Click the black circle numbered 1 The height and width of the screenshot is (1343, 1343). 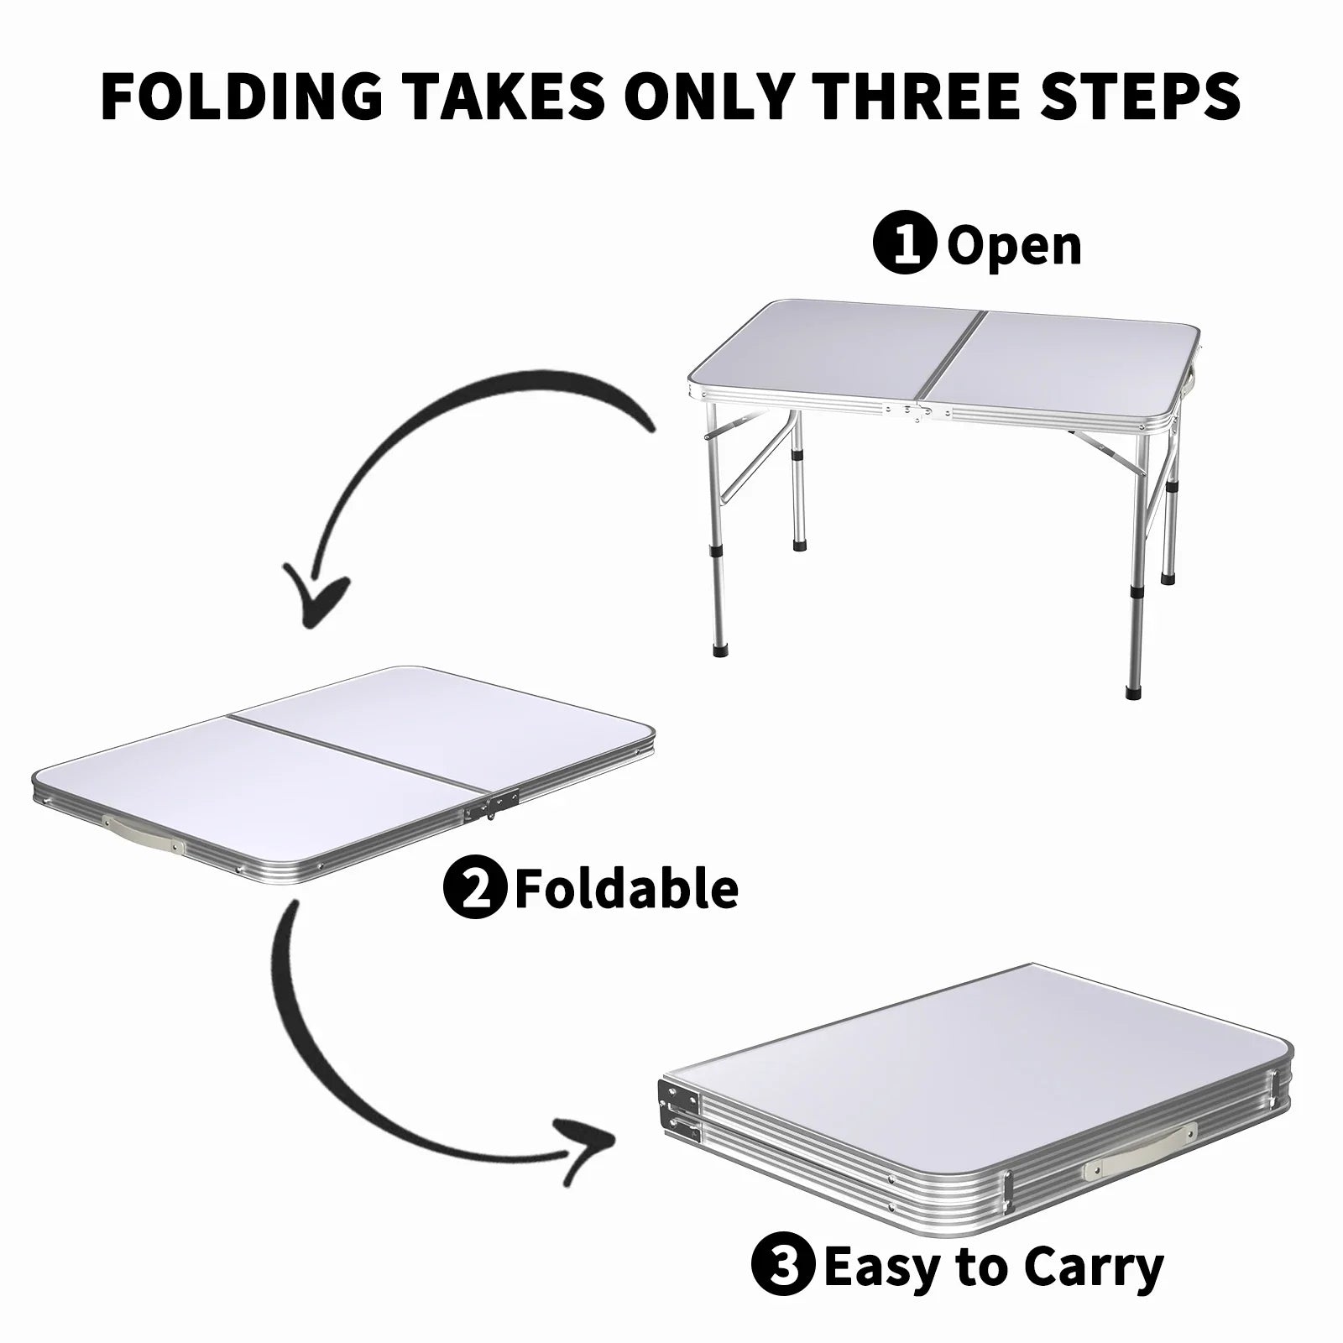pyautogui.click(x=904, y=245)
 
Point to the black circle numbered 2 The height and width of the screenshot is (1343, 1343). pyautogui.click(x=474, y=888)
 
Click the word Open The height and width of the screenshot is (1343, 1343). pyautogui.click(x=1014, y=245)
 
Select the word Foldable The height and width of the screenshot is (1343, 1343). pyautogui.click(x=626, y=888)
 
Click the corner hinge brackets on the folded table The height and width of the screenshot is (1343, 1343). pyautogui.click(x=680, y=1107)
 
